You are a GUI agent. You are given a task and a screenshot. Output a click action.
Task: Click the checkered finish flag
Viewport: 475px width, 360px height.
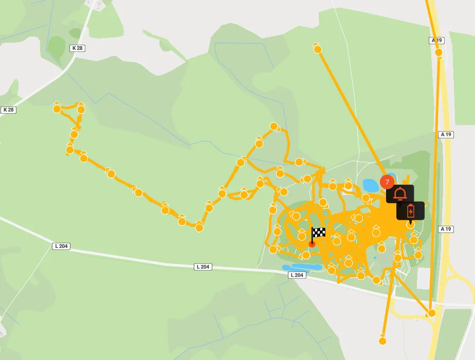coord(318,232)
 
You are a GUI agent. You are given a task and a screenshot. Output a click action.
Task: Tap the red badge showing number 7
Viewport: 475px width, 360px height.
coord(387,182)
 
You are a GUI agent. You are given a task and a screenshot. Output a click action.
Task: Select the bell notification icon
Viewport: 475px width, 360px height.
coord(400,194)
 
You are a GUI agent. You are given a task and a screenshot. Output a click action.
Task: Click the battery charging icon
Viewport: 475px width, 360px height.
coord(410,211)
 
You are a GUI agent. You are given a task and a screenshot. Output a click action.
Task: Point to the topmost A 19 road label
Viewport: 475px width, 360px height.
coord(436,40)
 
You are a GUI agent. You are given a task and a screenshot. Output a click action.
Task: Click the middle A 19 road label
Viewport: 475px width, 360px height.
coord(446,134)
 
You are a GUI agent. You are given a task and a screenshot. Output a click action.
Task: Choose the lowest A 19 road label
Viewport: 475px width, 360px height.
coord(446,229)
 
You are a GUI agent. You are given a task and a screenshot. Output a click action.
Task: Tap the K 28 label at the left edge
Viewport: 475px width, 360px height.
coord(9,110)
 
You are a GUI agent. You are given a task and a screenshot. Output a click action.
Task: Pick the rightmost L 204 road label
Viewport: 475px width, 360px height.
coord(297,275)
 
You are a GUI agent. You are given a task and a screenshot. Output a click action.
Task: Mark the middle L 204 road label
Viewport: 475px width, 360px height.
coord(203,267)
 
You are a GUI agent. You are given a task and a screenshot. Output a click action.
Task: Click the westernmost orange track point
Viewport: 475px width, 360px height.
coord(57,109)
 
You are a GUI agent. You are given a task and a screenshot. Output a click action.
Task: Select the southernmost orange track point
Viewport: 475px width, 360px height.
coord(382,340)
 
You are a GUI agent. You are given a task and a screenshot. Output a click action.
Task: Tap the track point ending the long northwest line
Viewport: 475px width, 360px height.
coord(318,49)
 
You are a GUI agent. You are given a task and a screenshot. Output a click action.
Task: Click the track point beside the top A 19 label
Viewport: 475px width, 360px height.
coord(439,52)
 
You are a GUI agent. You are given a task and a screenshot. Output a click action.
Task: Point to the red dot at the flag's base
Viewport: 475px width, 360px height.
coord(312,244)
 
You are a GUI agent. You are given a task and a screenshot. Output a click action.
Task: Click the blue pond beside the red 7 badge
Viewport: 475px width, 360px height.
coord(370,184)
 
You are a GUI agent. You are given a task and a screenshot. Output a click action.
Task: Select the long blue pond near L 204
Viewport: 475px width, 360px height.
coord(302,267)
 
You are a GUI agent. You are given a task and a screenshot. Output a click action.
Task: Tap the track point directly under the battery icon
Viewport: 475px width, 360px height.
coord(410,225)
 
